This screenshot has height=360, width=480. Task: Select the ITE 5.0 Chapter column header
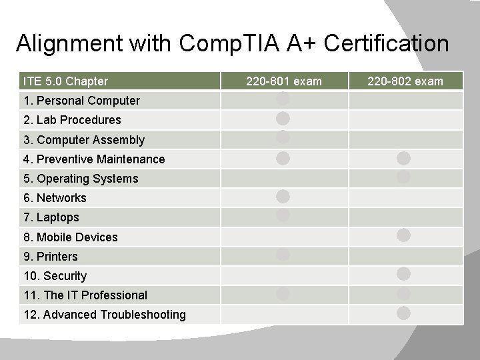pos(65,81)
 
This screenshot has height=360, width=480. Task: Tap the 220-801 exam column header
pos(283,81)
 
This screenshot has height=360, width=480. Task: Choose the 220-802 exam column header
pos(405,81)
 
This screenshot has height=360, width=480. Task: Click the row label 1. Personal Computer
pos(81,101)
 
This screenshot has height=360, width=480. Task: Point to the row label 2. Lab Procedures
pos(72,120)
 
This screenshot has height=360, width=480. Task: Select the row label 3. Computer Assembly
pos(83,139)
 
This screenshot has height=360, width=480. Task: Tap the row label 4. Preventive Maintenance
pos(94,159)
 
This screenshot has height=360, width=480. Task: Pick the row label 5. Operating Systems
pos(81,178)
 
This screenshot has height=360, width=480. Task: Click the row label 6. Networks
pos(55,197)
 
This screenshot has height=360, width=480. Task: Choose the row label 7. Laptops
pos(51,217)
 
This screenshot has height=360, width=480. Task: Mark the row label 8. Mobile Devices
pos(70,237)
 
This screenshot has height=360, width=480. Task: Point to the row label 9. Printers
pos(50,256)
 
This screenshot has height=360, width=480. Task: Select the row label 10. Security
pos(55,275)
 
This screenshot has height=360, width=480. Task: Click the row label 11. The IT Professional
pos(85,295)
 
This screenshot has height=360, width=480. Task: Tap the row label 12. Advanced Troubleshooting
pos(104,314)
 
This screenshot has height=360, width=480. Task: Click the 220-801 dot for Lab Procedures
pos(283,119)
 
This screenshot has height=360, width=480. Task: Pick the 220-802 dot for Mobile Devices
pos(403,235)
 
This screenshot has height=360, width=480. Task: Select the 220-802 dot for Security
pos(403,273)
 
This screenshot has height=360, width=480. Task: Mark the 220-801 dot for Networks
pos(283,196)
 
